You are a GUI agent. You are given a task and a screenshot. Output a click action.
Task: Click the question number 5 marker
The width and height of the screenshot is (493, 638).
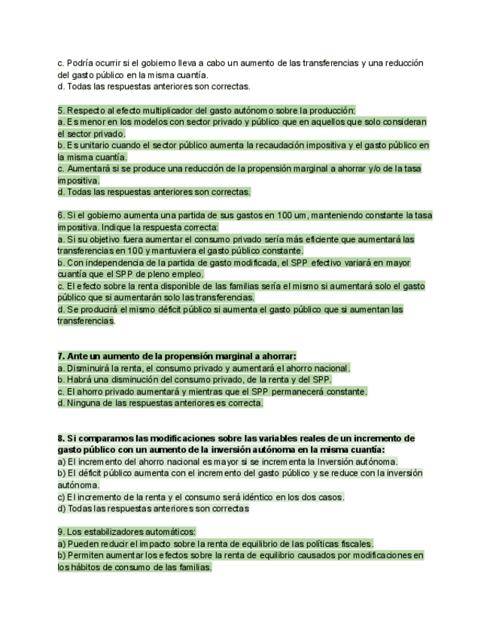pos(60,110)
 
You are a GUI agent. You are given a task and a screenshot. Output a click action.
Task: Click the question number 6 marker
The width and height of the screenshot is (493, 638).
pos(60,215)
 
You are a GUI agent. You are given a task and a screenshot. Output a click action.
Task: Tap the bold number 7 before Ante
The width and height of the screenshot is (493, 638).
pos(60,355)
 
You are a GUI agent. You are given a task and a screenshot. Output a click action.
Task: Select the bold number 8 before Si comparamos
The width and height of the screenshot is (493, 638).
pos(60,438)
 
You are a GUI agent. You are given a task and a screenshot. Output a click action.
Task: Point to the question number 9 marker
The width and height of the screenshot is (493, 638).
pos(60,531)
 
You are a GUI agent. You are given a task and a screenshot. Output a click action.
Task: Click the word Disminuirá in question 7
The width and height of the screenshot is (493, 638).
pos(89,368)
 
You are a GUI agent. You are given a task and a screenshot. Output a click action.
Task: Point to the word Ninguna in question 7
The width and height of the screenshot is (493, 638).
pos(84,403)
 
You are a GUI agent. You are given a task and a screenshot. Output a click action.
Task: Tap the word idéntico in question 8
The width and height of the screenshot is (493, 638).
pos(250,497)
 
